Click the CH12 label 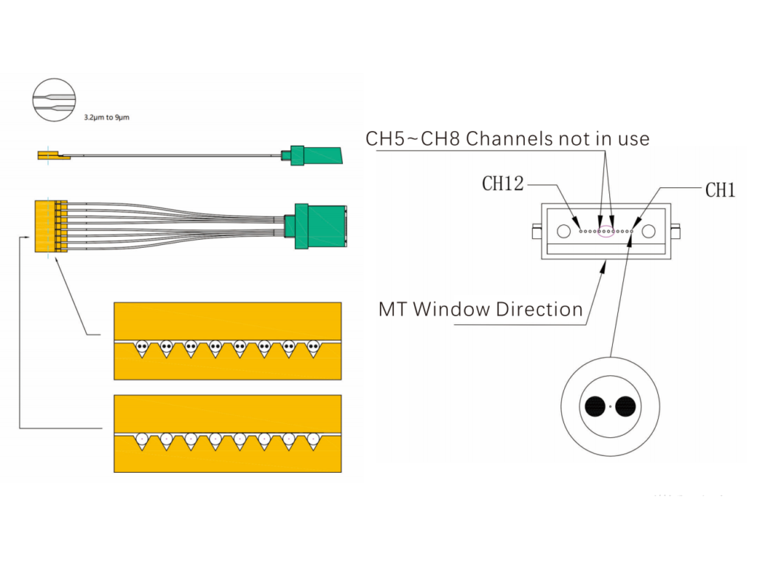pyautogui.click(x=503, y=184)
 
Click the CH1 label pyautogui.click(x=719, y=190)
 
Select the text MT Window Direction pyautogui.click(x=481, y=309)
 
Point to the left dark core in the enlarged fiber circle pyautogui.click(x=594, y=406)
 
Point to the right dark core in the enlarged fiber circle pyautogui.click(x=625, y=406)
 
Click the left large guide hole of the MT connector pyautogui.click(x=564, y=231)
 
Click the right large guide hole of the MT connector pyautogui.click(x=649, y=231)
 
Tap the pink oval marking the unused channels pyautogui.click(x=606, y=231)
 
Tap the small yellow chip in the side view pyautogui.click(x=50, y=155)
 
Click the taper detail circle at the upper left pyautogui.click(x=55, y=99)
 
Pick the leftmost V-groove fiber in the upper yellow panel pyautogui.click(x=142, y=346)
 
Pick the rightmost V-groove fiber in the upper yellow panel pyautogui.click(x=313, y=346)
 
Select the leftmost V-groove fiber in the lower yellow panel pyautogui.click(x=142, y=438)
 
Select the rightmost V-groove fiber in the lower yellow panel pyautogui.click(x=313, y=438)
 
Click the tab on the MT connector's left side pyautogui.click(x=536, y=232)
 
